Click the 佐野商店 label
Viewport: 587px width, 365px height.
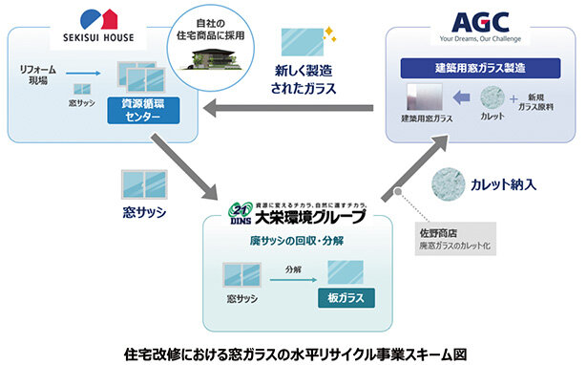point(440,231)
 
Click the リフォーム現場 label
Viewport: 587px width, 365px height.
point(38,75)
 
